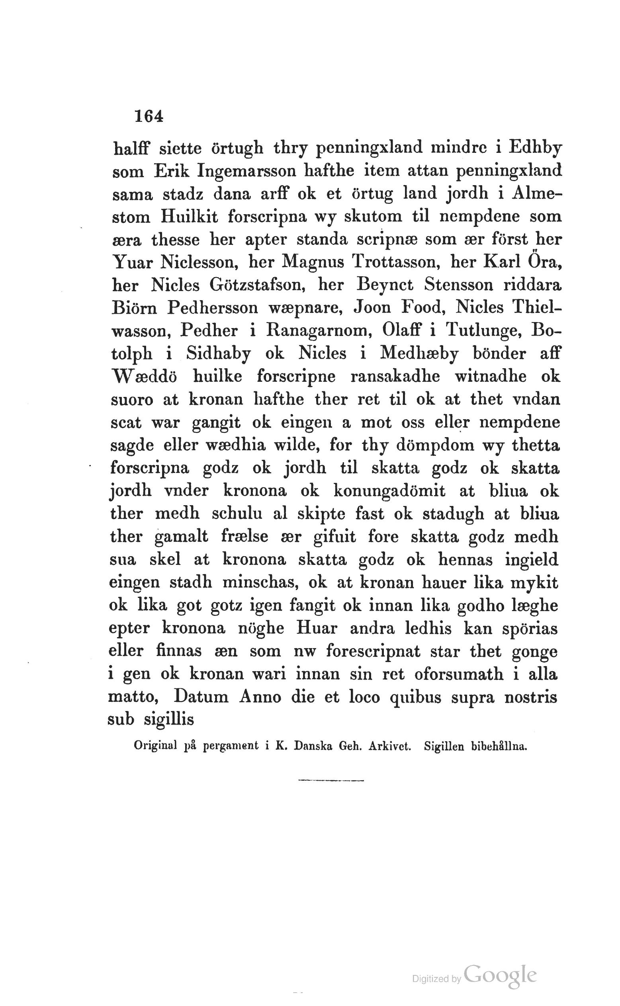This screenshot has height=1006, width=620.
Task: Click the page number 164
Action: (x=149, y=116)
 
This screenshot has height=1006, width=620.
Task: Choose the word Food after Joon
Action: (x=423, y=307)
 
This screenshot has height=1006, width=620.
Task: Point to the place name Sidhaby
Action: (x=218, y=354)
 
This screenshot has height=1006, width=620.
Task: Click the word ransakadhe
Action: (x=395, y=376)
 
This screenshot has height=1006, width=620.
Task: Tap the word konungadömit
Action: (x=389, y=491)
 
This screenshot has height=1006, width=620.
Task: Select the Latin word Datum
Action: (x=201, y=697)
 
